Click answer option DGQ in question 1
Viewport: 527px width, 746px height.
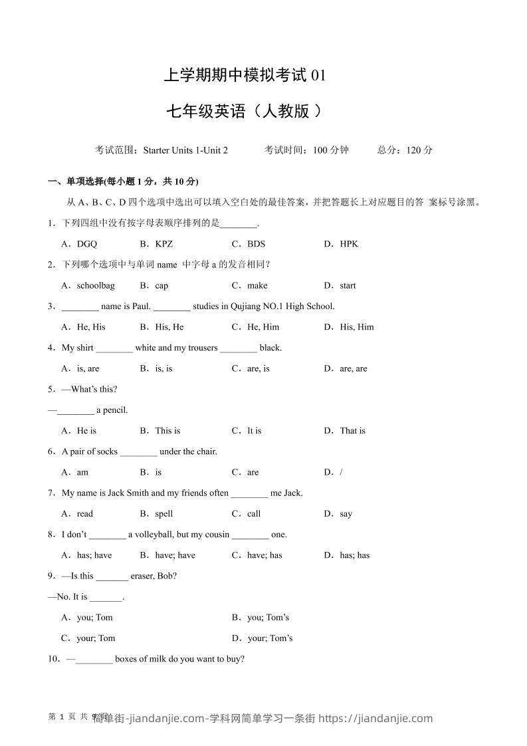(86, 244)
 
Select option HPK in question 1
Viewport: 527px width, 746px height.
(349, 244)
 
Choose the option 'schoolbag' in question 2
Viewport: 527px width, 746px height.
(96, 286)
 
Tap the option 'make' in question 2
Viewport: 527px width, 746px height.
(257, 286)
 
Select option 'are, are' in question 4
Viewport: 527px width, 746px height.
(353, 369)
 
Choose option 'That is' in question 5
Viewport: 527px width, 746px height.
(352, 431)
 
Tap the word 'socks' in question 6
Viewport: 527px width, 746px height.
(106, 451)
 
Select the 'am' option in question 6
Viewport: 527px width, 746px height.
(82, 473)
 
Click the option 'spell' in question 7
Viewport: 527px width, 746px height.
(163, 514)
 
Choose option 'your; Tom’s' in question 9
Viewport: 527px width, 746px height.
(270, 638)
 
